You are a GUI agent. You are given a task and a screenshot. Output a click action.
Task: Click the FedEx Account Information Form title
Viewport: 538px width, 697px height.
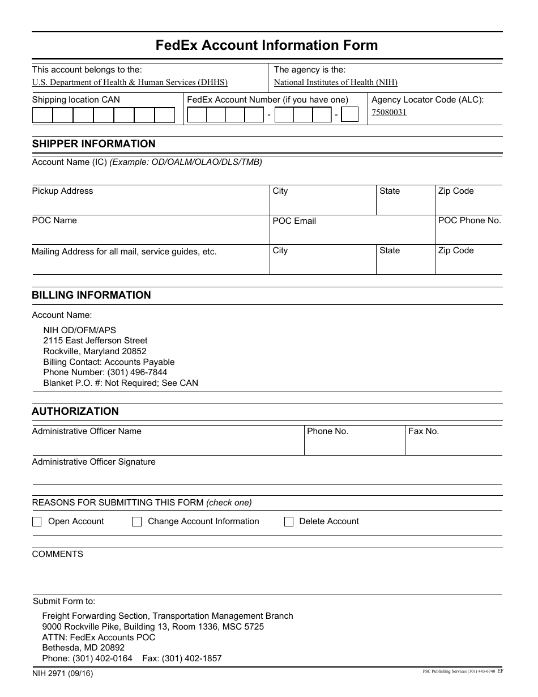point(267,45)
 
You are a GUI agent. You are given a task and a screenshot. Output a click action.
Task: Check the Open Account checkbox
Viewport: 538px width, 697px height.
point(37,522)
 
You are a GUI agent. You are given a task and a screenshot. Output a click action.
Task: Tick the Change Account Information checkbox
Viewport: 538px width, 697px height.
point(136,522)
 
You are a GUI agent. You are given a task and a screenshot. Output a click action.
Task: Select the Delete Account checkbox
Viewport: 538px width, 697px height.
point(289,522)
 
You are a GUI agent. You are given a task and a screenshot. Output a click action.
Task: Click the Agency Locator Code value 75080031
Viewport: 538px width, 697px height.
point(389,112)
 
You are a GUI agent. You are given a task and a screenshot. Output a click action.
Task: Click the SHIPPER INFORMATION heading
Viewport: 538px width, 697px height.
point(93,144)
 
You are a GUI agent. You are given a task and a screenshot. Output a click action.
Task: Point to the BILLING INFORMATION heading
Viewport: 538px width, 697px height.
point(91,295)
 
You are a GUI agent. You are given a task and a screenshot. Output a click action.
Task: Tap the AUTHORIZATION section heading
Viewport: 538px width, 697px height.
point(75,411)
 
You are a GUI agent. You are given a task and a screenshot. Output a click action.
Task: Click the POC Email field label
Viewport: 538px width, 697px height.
point(294,221)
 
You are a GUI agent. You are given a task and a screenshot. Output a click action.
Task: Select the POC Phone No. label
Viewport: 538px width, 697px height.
point(469,220)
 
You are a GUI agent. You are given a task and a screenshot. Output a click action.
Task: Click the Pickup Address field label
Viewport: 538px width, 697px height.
point(62,191)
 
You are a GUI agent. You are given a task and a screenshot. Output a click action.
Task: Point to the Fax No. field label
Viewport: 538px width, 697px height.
point(424,431)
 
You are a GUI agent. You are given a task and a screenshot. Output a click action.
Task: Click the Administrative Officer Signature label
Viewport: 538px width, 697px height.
point(93,462)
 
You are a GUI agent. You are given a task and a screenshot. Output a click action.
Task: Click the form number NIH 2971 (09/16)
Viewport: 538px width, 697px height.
point(62,674)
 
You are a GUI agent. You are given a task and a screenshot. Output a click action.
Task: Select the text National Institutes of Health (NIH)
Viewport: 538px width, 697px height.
point(336,82)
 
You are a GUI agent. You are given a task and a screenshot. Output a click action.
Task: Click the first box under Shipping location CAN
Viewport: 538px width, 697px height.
point(42,116)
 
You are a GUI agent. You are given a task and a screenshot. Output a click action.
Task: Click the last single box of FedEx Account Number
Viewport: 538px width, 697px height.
point(351,115)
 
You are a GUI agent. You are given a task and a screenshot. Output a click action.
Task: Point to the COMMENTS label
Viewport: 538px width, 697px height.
point(57,554)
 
